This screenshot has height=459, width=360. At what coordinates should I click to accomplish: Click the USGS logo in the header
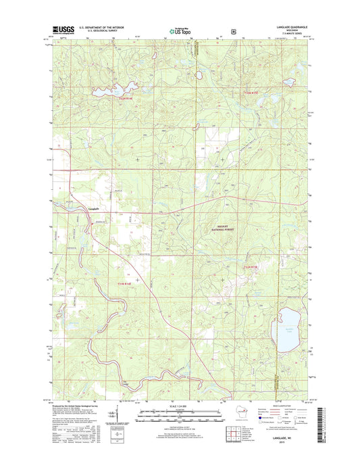(62, 30)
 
